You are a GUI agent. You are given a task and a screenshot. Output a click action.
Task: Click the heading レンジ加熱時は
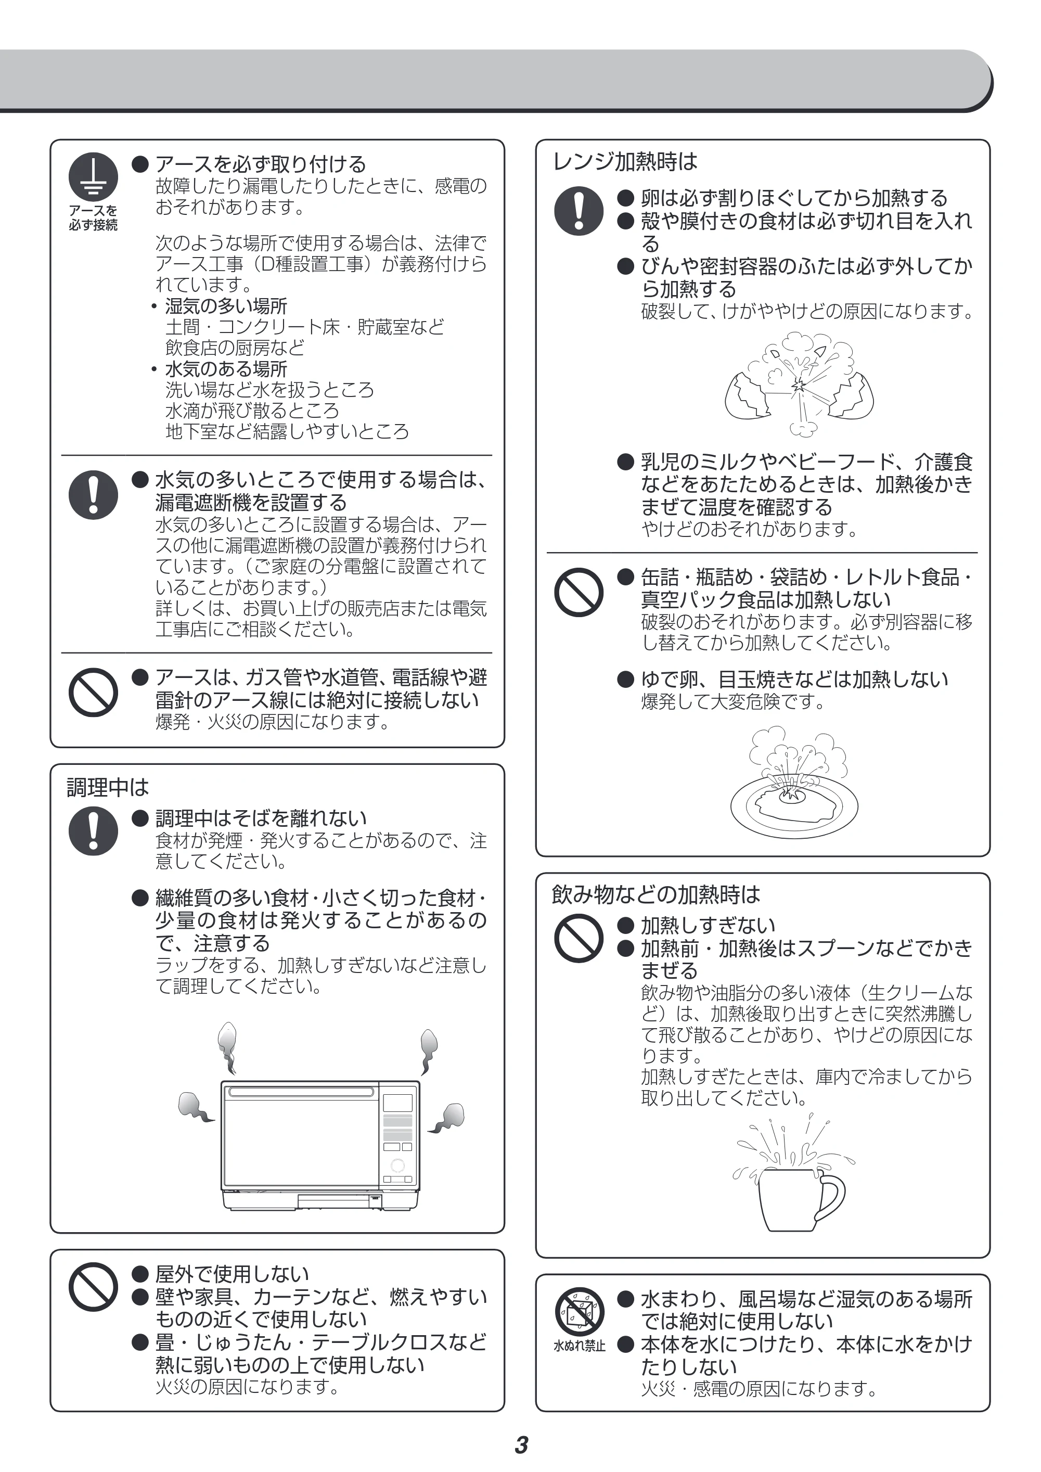624,161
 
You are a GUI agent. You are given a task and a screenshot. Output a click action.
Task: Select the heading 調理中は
108,787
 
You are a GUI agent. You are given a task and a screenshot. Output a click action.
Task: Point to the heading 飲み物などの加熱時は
656,894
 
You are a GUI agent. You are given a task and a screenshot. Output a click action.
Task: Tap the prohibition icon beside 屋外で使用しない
94,1287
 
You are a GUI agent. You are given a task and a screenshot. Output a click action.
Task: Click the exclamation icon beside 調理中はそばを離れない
94,831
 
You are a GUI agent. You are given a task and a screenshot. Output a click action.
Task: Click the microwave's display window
398,1103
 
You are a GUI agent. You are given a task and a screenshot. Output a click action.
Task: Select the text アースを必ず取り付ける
261,164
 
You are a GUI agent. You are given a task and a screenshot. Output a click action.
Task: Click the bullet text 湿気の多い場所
226,306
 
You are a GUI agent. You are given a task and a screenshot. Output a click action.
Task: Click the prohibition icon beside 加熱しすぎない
579,938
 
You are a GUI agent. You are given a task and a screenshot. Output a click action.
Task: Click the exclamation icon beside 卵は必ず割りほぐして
579,211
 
